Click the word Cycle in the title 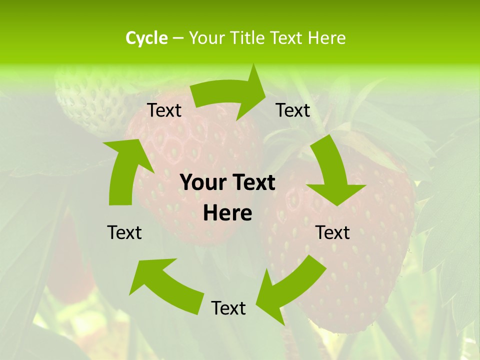click(146, 38)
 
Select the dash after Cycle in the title click(178, 38)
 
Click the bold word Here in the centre click(227, 213)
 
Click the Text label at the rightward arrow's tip click(293, 110)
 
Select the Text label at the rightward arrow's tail click(164, 110)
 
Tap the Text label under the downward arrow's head click(333, 233)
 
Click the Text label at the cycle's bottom click(228, 308)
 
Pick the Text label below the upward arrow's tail click(124, 233)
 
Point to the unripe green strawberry click(90, 100)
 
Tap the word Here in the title click(325, 38)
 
